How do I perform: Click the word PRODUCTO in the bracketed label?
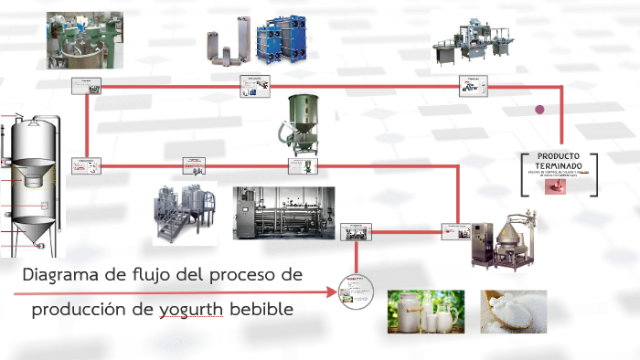(x=558, y=156)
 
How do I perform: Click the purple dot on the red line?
(x=539, y=110)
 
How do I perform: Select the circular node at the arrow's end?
(x=358, y=292)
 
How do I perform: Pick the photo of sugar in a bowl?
(x=513, y=312)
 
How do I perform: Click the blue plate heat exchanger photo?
(x=278, y=41)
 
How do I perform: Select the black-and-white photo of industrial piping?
(x=283, y=213)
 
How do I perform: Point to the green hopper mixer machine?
(x=303, y=122)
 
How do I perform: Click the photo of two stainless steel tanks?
(x=185, y=214)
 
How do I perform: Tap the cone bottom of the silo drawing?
(x=36, y=231)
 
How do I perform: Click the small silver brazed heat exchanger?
(x=221, y=44)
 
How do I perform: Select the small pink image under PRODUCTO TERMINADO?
(x=556, y=185)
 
